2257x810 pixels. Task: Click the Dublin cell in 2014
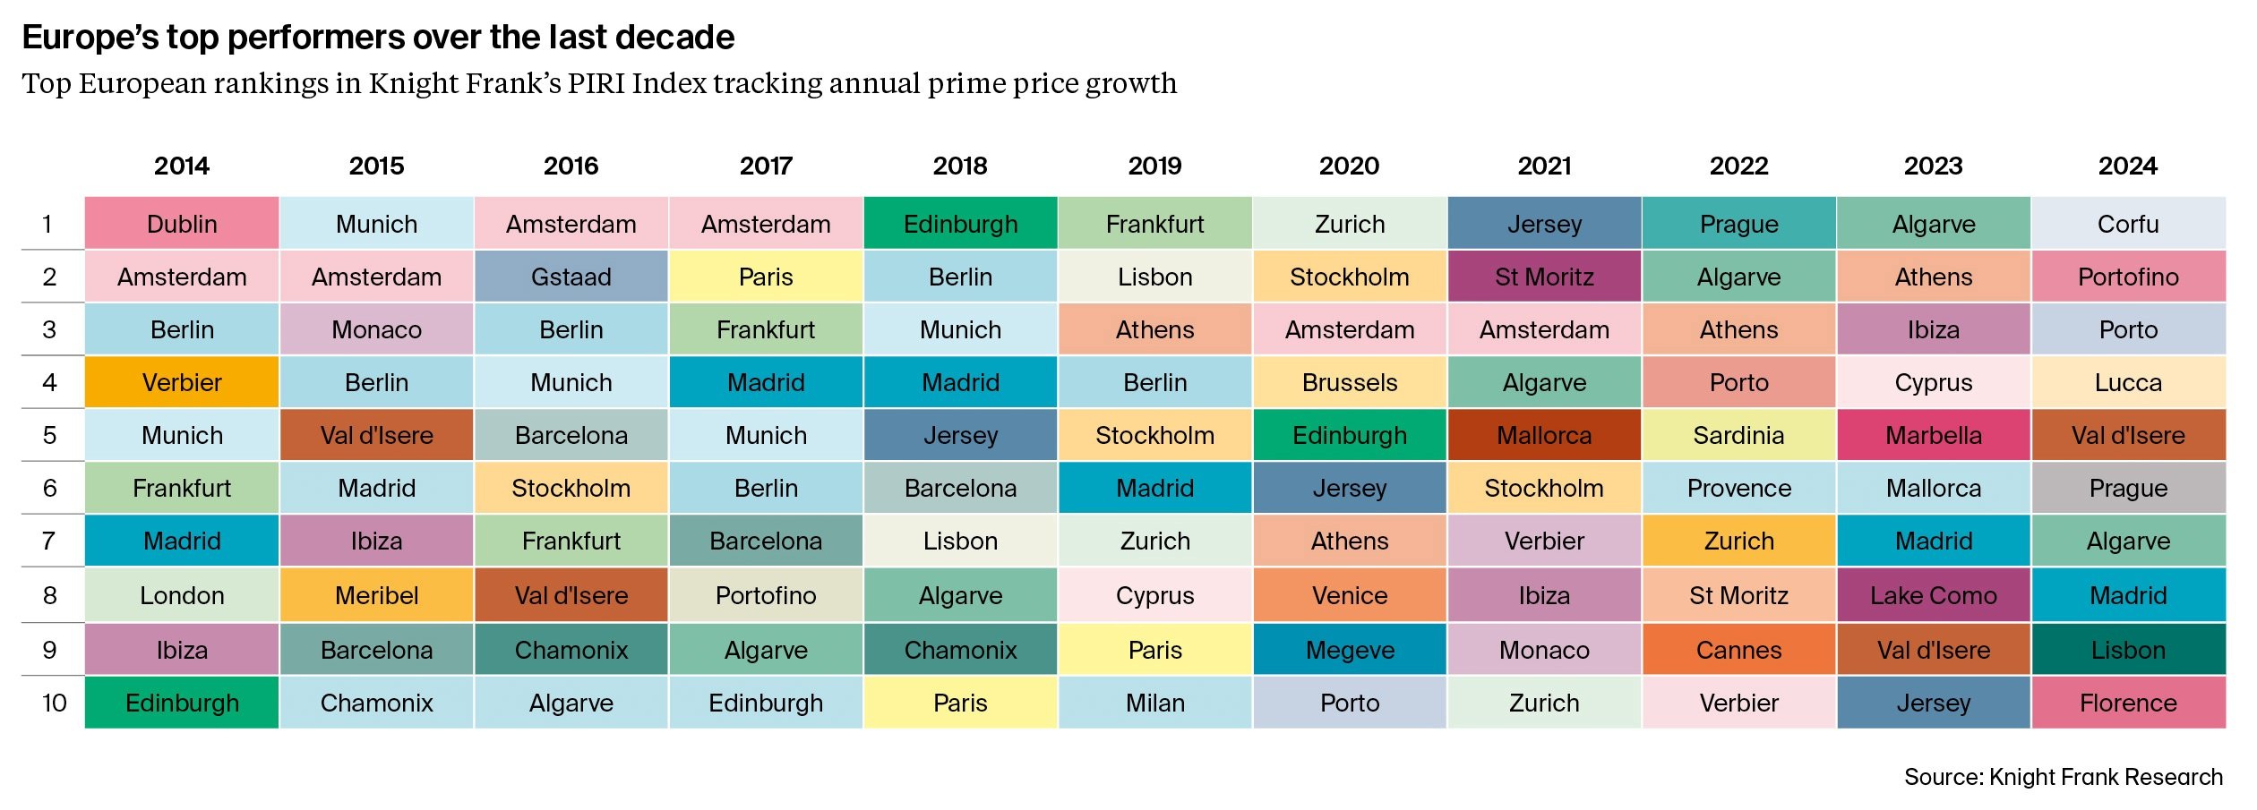[182, 224]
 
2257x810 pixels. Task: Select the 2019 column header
[1154, 166]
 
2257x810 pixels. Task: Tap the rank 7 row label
[49, 541]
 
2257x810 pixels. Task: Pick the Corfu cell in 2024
[2128, 224]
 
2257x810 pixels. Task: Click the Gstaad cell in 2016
[571, 277]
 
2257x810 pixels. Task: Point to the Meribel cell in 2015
[376, 595]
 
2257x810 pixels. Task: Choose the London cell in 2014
[182, 595]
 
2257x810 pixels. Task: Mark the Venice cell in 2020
[1350, 595]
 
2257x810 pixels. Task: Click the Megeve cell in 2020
[1350, 650]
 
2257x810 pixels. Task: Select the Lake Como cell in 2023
[1934, 595]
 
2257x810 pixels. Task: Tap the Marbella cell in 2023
[1934, 435]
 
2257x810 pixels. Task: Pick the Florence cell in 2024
[2128, 703]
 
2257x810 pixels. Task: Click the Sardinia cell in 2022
[1738, 435]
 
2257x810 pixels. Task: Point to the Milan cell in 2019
[1154, 703]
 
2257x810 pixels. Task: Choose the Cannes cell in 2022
[1738, 650]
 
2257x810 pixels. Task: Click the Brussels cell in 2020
[1350, 382]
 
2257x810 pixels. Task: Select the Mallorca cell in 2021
[1544, 435]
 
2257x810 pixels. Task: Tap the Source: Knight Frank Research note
[2063, 777]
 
